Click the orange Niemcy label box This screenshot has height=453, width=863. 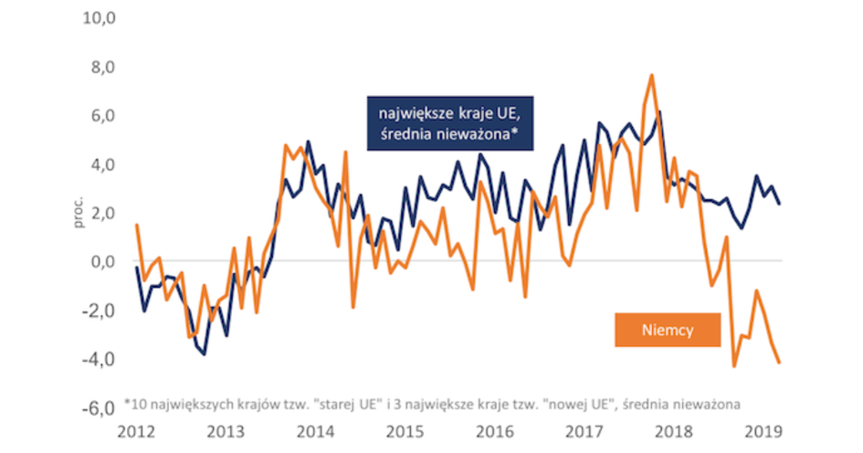coord(668,332)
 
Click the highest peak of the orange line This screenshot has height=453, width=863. coord(652,75)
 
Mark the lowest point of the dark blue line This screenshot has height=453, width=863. coord(204,353)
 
